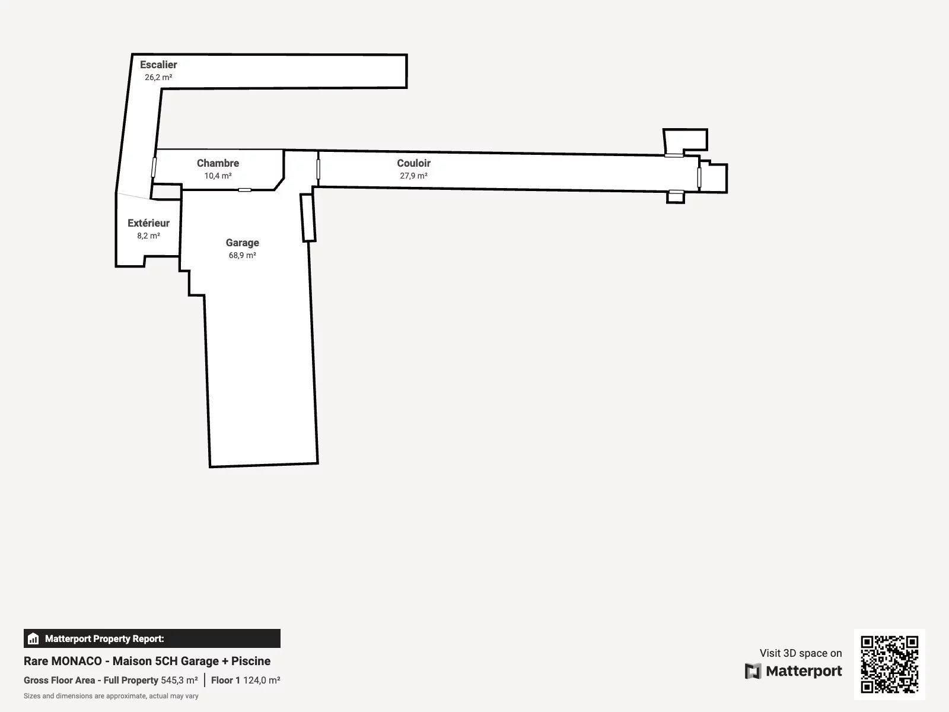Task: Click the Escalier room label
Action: pos(158,65)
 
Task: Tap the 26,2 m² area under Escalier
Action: pos(158,77)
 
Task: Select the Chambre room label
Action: pos(218,163)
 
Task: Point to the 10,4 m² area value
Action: pos(218,176)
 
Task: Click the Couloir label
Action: pos(414,163)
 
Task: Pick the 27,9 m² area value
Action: pos(414,176)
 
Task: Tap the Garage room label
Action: pos(242,243)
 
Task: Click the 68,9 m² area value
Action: pos(242,256)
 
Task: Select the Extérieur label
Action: pos(148,223)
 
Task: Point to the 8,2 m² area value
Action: pos(148,236)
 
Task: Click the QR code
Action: pos(889,665)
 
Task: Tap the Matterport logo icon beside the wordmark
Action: pos(753,671)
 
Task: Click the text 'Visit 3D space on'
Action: pos(801,653)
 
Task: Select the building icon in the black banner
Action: pos(33,638)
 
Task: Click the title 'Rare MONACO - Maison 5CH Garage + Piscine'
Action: pos(147,661)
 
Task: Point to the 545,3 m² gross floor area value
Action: pos(180,680)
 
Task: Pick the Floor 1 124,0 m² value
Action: pos(246,680)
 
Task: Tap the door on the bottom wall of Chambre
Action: pos(245,190)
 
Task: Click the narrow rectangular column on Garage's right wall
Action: pos(308,217)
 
